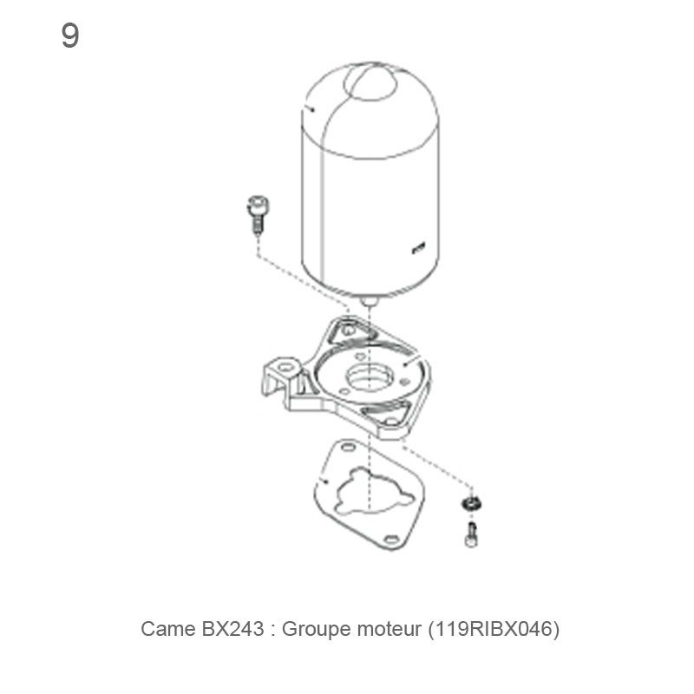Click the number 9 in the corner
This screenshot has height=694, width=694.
point(70,36)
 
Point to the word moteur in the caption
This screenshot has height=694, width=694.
point(386,629)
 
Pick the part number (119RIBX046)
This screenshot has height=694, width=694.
point(494,629)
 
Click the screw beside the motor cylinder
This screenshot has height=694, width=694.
point(256,213)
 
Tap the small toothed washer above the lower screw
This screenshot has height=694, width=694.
point(472,505)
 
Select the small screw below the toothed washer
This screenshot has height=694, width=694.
point(471,534)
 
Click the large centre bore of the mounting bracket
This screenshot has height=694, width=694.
point(370,378)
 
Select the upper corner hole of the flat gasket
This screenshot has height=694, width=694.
point(348,448)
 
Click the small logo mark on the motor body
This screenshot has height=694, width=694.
point(418,250)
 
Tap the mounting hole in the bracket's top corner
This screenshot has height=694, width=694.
point(348,331)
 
